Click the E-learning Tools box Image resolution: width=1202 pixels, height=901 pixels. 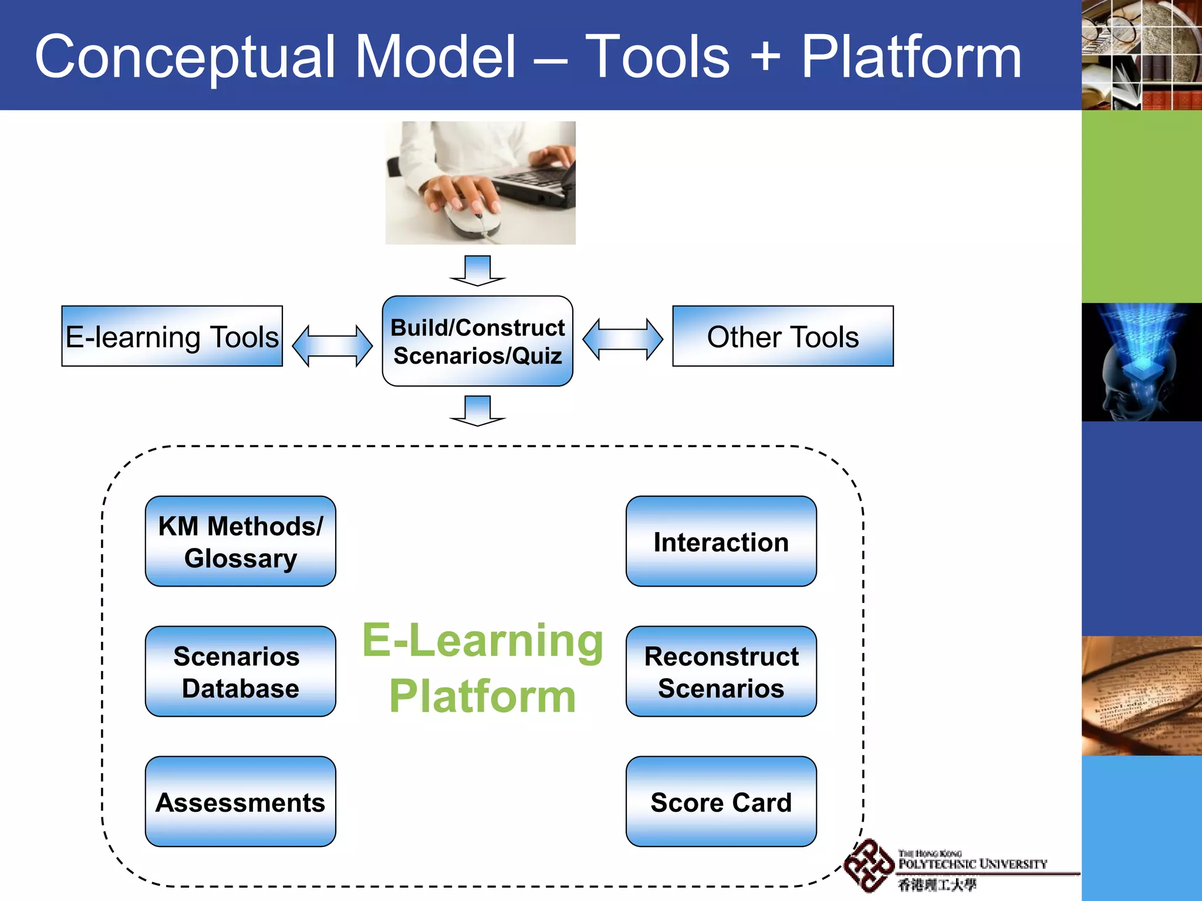(172, 336)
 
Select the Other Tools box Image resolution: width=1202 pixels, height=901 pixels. (782, 336)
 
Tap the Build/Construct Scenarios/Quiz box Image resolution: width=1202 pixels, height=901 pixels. (477, 341)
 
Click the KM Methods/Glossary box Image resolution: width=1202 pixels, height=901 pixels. (240, 541)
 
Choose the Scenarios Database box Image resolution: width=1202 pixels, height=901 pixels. (240, 671)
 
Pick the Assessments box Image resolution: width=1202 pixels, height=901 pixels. (240, 801)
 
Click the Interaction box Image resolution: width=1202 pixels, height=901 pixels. (721, 541)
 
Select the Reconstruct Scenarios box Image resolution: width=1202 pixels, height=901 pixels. (721, 671)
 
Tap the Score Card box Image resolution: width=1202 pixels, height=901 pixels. (721, 801)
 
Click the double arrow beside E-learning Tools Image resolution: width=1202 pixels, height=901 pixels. (332, 346)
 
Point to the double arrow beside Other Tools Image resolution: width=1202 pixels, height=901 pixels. (623, 339)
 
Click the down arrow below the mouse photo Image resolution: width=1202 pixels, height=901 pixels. (477, 270)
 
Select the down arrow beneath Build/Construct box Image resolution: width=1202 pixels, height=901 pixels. (477, 411)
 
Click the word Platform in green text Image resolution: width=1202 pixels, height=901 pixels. (482, 696)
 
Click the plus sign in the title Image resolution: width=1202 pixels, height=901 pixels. (765, 57)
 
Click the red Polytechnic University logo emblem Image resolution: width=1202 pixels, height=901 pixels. (868, 866)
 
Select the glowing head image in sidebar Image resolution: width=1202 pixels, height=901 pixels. (1141, 362)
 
